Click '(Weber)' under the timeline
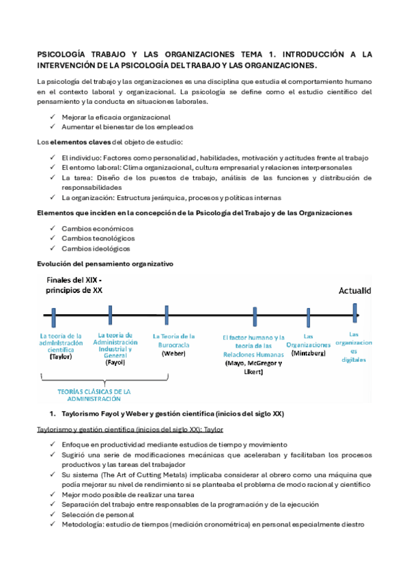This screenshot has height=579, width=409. [174, 353]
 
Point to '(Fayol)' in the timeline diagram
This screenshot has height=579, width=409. [115, 363]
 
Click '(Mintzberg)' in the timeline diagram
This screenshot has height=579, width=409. [308, 354]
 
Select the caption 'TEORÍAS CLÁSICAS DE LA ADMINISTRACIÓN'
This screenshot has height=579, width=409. [103, 395]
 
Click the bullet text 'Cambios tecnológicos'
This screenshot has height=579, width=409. [98, 238]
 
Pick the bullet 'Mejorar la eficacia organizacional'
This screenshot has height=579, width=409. [115, 117]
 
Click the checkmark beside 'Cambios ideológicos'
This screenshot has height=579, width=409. [53, 249]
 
